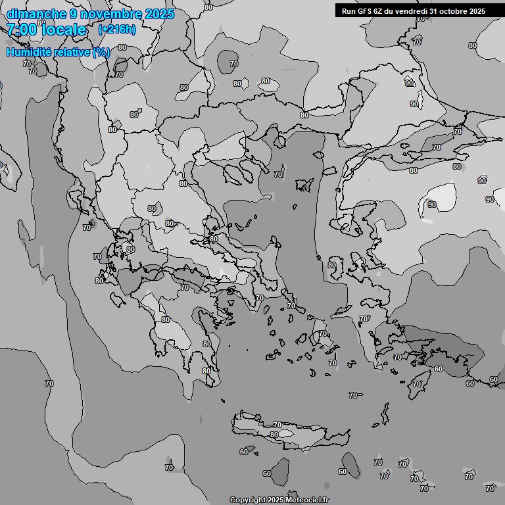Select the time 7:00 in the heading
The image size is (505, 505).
point(22,30)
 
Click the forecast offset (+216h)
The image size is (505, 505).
point(117,30)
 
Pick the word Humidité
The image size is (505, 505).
point(30,52)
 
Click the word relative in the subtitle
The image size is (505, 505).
point(72,52)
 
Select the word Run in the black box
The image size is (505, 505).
point(349,11)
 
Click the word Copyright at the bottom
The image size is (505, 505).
point(248,500)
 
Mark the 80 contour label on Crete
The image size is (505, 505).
point(274,435)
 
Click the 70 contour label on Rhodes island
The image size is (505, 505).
point(417,383)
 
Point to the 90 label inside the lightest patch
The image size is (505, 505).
point(432,204)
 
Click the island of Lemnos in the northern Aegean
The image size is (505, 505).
point(303,185)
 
